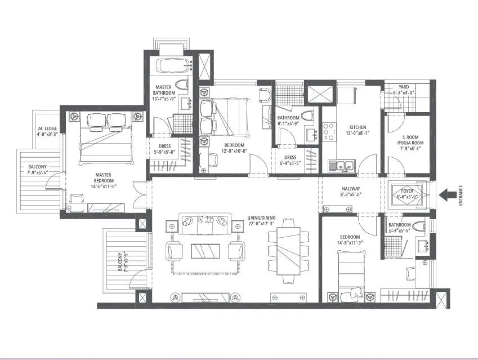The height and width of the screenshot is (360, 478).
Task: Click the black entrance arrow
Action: (x=449, y=195)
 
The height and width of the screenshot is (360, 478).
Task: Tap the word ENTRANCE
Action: (x=461, y=195)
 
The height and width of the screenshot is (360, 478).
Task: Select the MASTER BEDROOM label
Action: (x=104, y=177)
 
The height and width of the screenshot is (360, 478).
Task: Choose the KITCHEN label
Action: (x=358, y=128)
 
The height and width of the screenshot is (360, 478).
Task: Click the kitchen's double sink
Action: (x=341, y=166)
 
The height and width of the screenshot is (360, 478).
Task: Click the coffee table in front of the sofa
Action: (x=206, y=250)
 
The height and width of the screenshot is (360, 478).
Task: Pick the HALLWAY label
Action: (x=351, y=189)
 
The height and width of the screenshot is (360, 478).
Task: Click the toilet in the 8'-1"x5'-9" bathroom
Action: (x=307, y=117)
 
